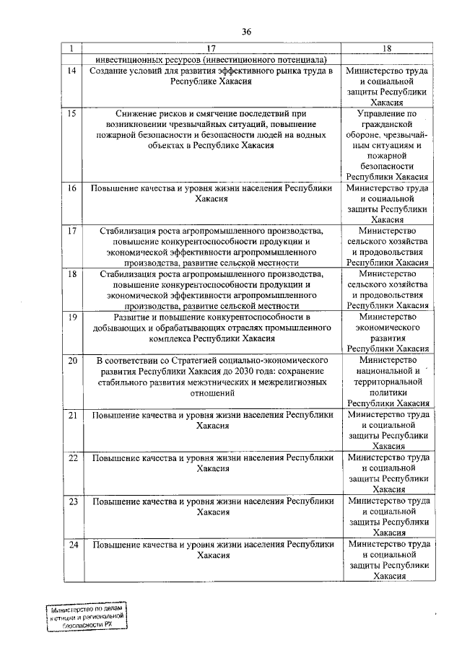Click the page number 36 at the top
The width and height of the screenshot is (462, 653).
[246, 31]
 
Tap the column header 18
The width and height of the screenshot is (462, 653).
[387, 48]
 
